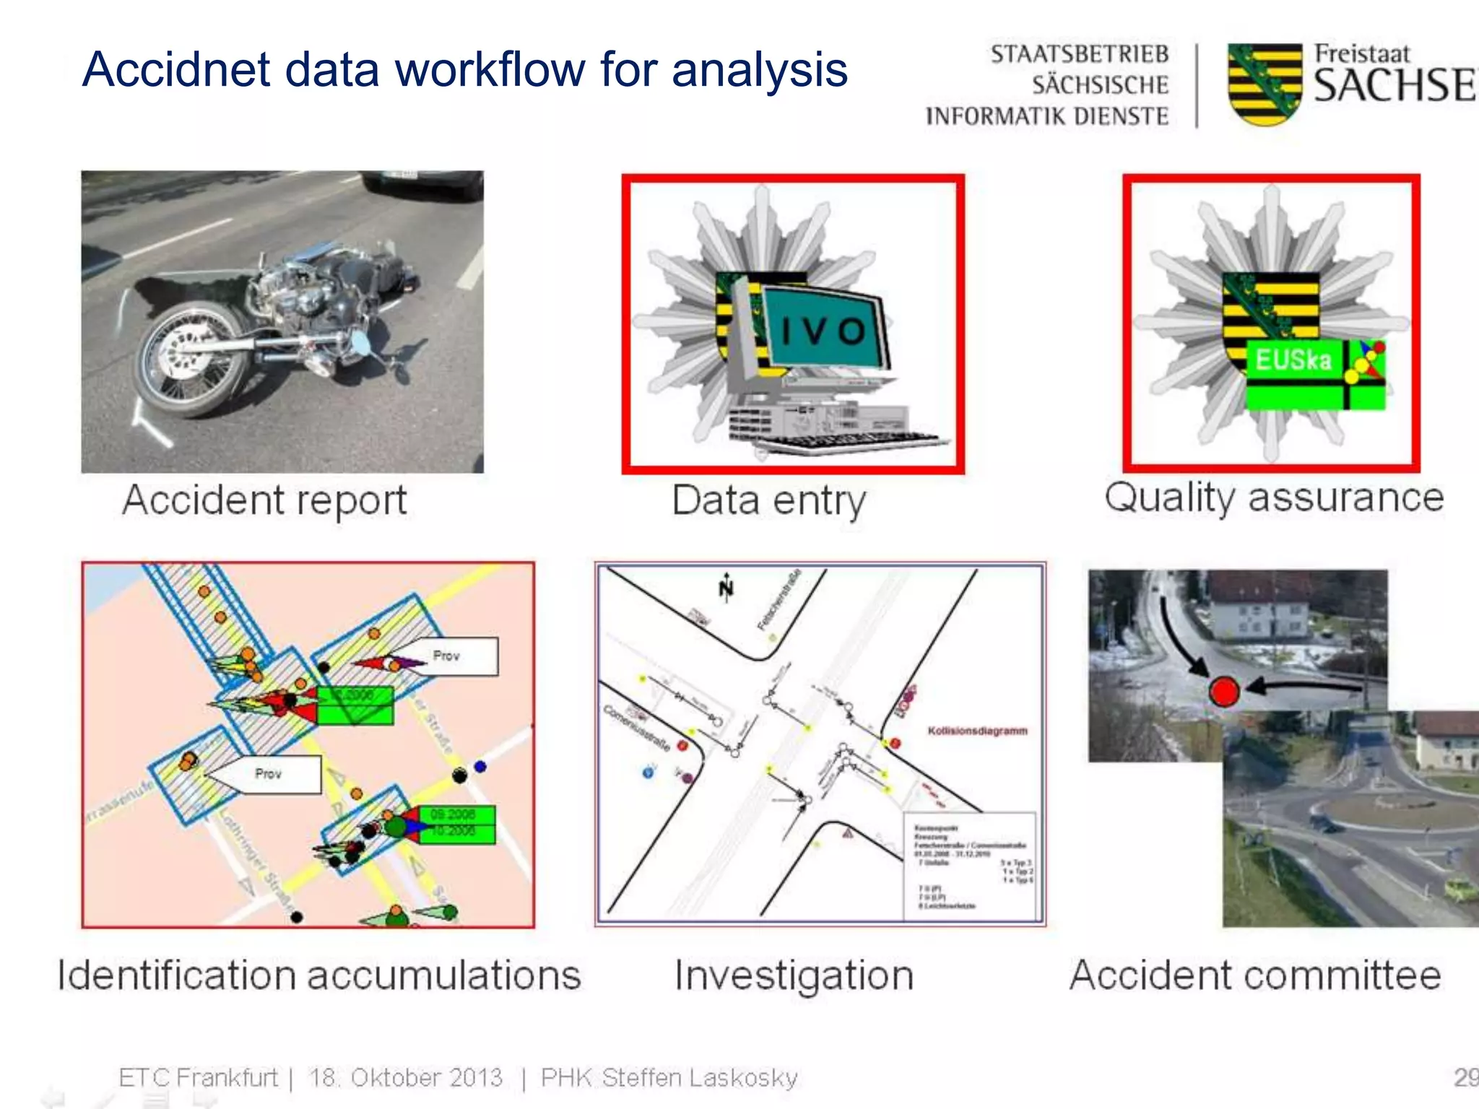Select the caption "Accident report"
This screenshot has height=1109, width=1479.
pos(264,500)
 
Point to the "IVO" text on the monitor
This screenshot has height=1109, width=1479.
pos(823,331)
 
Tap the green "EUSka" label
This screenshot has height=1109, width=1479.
pos(1293,360)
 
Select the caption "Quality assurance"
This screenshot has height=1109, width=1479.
pos(1274,497)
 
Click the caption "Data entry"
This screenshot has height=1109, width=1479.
pos(768,500)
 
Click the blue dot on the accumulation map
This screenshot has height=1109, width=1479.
pos(480,766)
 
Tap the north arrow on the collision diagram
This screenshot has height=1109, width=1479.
pos(726,588)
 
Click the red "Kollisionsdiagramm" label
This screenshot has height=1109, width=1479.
pos(977,731)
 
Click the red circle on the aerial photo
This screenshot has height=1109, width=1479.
pos(1225,691)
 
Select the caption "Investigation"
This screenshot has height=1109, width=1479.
pos(794,975)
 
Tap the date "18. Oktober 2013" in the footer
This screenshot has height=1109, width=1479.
pos(405,1077)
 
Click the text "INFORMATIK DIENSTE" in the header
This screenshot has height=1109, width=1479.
pos(1046,116)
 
